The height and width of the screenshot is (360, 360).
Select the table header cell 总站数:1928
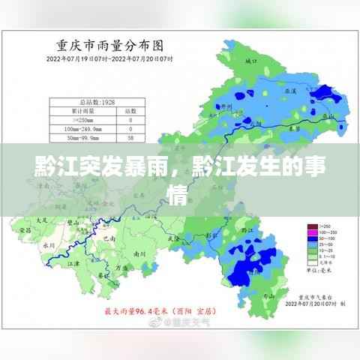coord(97,101)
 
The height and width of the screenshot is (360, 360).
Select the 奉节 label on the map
coord(295,129)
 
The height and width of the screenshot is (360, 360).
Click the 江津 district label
coord(73,265)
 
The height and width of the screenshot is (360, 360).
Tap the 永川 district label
coord(49,244)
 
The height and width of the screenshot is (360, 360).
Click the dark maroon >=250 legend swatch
coord(311,225)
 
